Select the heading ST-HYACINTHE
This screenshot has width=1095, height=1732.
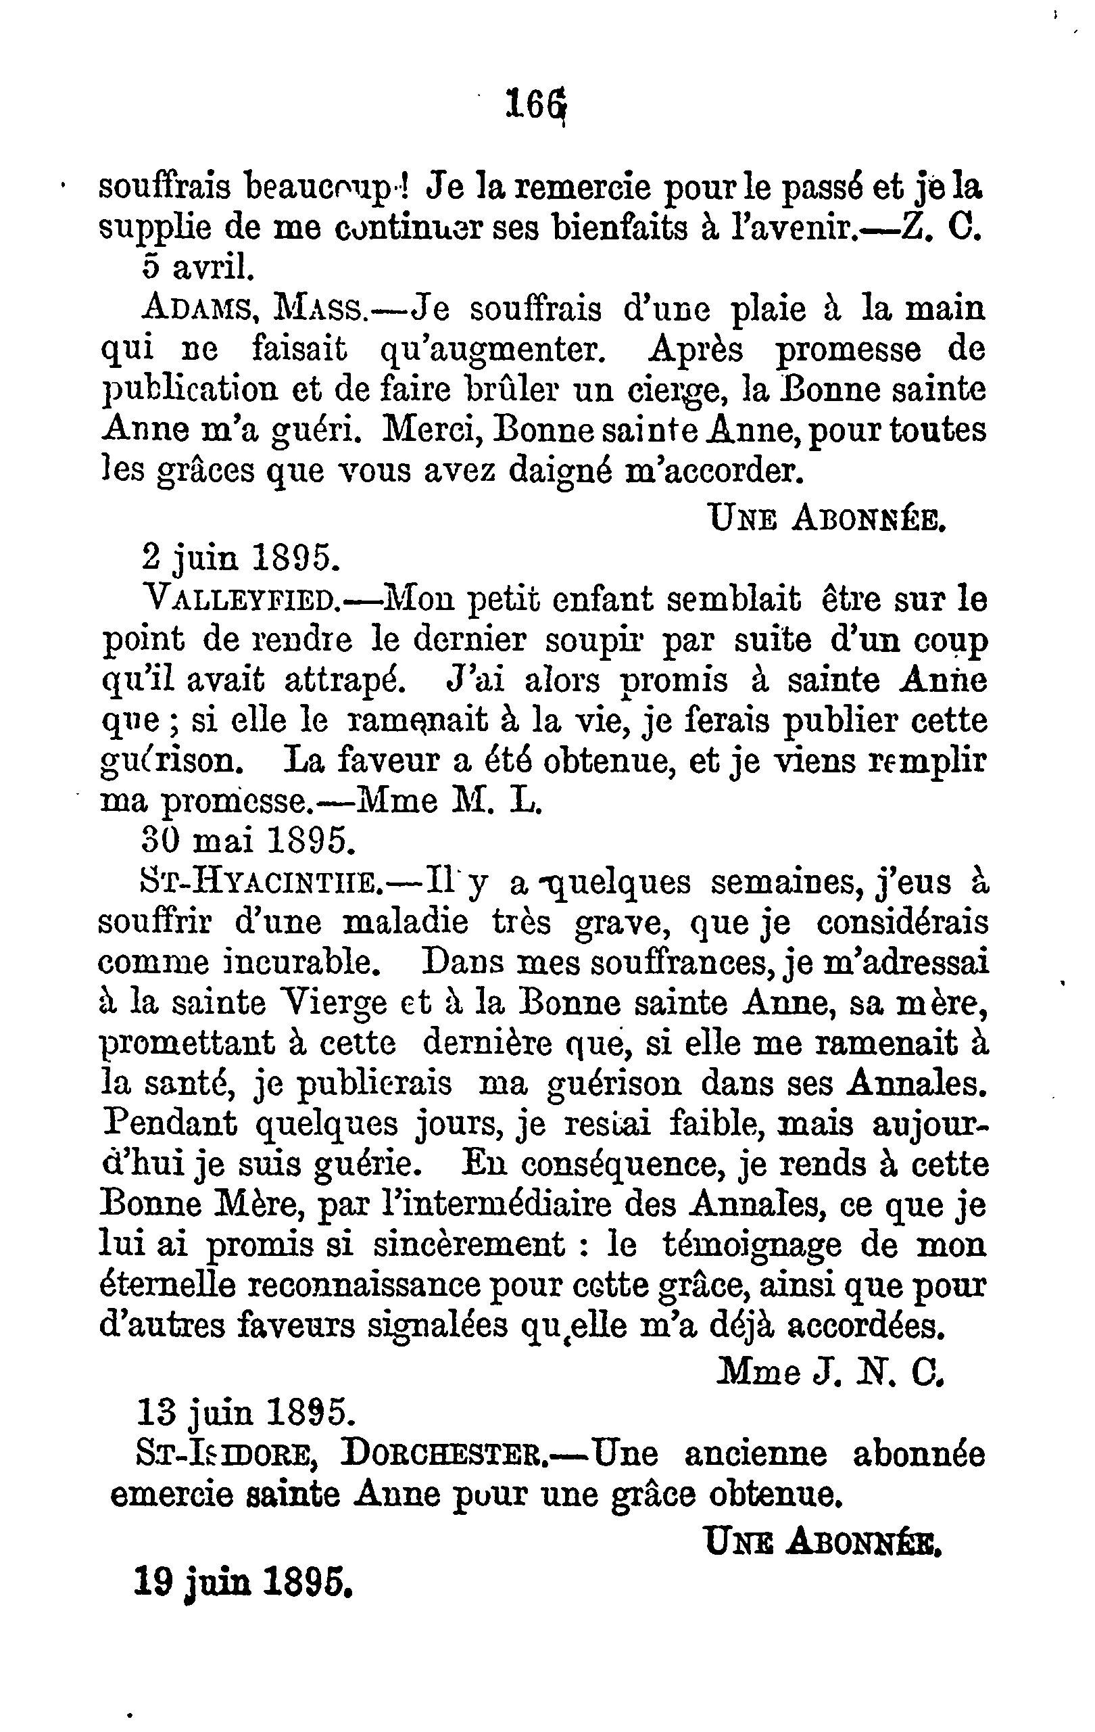[x=260, y=881]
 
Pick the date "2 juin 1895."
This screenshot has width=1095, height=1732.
[x=240, y=557]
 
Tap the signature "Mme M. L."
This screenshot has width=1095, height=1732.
[x=449, y=800]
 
